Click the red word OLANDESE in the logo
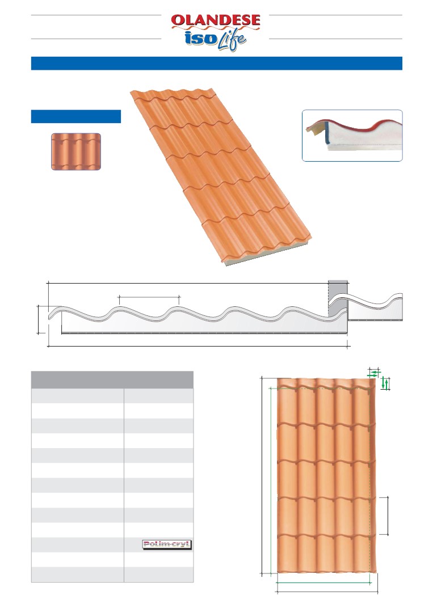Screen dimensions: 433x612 click(x=216, y=20)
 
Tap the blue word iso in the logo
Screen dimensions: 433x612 click(x=201, y=38)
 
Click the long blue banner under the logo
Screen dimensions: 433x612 click(x=217, y=63)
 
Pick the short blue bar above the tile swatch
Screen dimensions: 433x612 click(x=75, y=116)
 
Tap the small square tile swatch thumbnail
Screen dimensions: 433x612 click(x=76, y=151)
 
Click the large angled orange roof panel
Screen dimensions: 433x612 click(x=221, y=176)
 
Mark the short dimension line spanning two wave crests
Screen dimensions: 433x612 click(x=148, y=297)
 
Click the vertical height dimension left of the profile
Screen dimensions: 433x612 click(x=38, y=320)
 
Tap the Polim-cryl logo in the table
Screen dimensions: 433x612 click(x=167, y=545)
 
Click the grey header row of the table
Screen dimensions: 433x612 click(x=112, y=380)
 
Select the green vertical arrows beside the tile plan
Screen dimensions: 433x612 click(x=385, y=383)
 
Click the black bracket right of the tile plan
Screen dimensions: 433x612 click(x=388, y=516)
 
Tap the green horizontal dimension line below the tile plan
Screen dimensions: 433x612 click(x=323, y=583)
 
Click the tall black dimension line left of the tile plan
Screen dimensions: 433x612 click(x=261, y=476)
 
